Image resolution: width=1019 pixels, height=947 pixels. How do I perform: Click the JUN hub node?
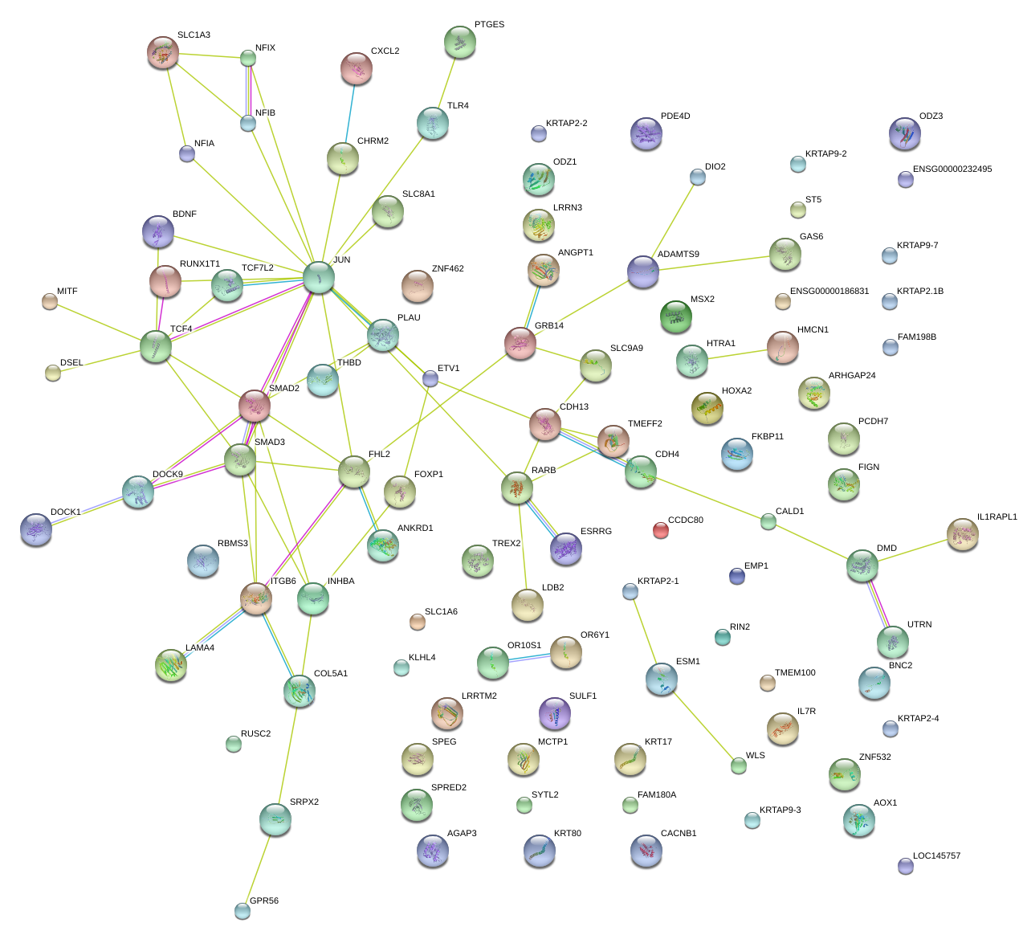pyautogui.click(x=319, y=277)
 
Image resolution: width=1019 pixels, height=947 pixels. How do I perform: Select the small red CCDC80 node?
pyautogui.click(x=660, y=529)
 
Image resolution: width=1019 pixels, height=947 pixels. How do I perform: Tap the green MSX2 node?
pyautogui.click(x=675, y=316)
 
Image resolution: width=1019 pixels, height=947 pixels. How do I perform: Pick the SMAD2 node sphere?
pyautogui.click(x=255, y=406)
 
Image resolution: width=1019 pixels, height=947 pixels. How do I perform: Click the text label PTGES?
pyautogui.click(x=489, y=25)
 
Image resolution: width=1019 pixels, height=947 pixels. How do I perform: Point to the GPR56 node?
pyautogui.click(x=243, y=910)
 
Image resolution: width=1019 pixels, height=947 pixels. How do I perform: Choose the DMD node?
pyautogui.click(x=862, y=565)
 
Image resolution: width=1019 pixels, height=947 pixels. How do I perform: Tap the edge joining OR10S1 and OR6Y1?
pyautogui.click(x=529, y=658)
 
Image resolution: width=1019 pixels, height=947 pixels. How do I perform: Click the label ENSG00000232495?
pyautogui.click(x=952, y=169)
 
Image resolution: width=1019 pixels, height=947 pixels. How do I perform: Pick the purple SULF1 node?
pyautogui.click(x=554, y=712)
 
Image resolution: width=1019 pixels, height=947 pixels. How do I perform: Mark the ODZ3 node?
pyautogui.click(x=905, y=133)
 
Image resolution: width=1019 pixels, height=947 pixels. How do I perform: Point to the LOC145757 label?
pyautogui.click(x=936, y=856)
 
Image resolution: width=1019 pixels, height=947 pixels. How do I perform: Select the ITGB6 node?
pyautogui.click(x=256, y=598)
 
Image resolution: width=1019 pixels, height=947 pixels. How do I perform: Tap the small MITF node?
pyautogui.click(x=50, y=301)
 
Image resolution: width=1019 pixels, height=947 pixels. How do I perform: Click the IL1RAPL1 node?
pyautogui.click(x=962, y=534)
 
